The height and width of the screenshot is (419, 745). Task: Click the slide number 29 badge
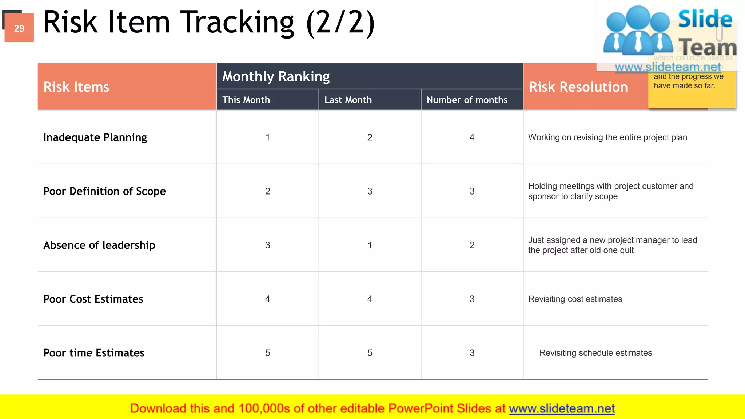(19, 28)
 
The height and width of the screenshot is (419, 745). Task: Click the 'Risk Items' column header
(76, 87)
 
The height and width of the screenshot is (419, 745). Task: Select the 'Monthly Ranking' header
(276, 76)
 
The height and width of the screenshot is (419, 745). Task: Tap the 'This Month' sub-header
(246, 100)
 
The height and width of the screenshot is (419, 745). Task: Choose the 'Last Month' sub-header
(348, 100)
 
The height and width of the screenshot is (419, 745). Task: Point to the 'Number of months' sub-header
(467, 100)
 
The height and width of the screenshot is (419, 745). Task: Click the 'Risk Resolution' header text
(578, 87)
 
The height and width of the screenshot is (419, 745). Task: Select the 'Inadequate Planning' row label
(95, 137)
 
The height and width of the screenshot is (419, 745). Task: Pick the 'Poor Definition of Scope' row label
(104, 191)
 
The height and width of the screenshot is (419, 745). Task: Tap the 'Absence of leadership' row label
(99, 245)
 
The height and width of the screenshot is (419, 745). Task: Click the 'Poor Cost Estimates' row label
(93, 299)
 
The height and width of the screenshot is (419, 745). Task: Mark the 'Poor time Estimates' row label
(93, 353)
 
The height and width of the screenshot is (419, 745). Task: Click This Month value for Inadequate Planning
(267, 137)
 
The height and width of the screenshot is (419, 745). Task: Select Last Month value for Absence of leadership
(370, 245)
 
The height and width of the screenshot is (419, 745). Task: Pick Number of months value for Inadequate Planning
(472, 137)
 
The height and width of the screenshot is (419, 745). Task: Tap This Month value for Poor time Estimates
(267, 353)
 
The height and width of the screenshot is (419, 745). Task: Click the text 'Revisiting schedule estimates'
(595, 353)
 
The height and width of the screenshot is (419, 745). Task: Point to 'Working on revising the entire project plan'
(607, 137)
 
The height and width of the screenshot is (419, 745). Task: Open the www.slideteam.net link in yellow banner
(562, 408)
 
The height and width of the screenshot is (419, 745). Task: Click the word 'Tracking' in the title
(237, 23)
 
